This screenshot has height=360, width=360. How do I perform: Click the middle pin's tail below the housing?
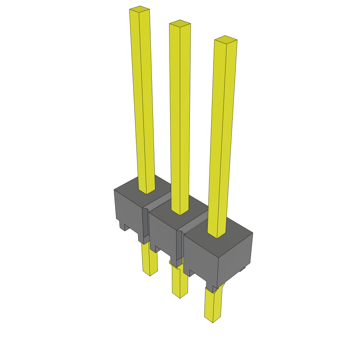(180, 283)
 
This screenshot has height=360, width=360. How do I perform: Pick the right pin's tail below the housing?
(213, 306)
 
